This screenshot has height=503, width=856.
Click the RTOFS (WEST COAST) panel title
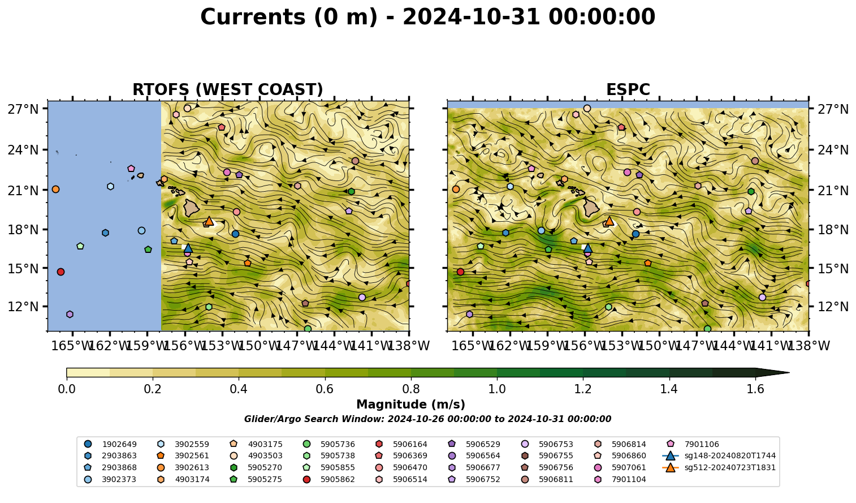pos(228,89)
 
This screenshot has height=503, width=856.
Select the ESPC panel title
pos(628,89)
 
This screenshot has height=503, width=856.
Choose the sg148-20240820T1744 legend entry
pos(719,455)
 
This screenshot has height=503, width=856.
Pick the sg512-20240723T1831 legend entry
pos(719,467)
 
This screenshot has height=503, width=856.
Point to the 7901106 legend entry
pos(694,444)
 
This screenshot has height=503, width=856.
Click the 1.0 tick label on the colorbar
pos(497,389)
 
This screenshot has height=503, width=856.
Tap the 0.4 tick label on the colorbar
pos(239,389)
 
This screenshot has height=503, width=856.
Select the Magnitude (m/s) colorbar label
pos(410,405)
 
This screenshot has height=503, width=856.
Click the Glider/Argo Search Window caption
pos(427,419)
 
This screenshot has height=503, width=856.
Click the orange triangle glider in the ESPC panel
pos(609,221)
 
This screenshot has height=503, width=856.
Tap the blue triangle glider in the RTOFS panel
pos(188,248)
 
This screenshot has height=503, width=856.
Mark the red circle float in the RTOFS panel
pos(60,272)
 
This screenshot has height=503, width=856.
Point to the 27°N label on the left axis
pos(23,109)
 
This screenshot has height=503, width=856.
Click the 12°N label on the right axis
pos(833,307)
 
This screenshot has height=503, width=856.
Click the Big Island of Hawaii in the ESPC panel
pos(591,208)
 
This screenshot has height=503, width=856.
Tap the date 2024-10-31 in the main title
pos(471,17)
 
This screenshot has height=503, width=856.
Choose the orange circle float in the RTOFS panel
pos(55,190)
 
